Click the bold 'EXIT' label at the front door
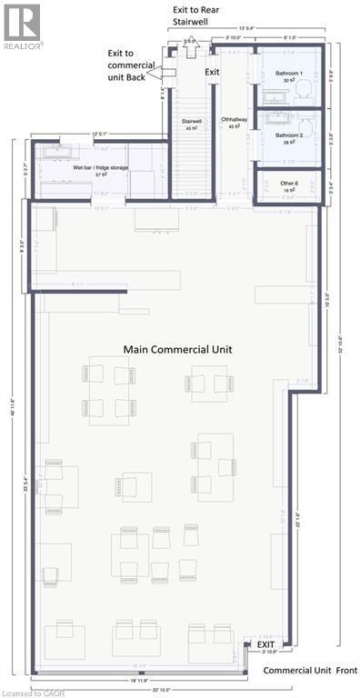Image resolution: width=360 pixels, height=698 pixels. [x=265, y=644]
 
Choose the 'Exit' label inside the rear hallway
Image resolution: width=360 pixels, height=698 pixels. [x=212, y=71]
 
